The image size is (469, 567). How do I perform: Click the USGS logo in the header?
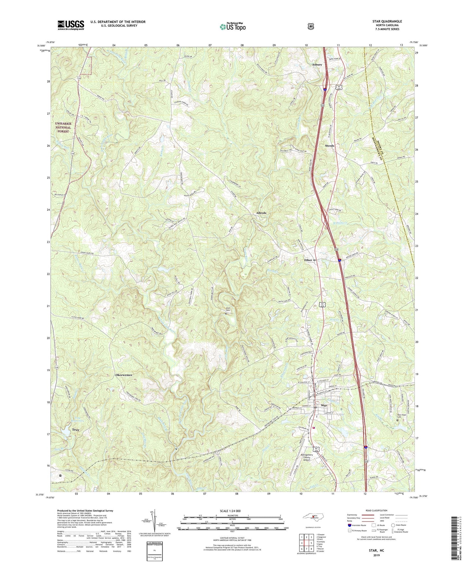pos(71,25)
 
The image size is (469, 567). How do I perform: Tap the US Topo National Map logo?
pos(232,26)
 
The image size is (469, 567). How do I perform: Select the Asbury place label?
pos(317,65)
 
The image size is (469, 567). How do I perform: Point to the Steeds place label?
pos(329,146)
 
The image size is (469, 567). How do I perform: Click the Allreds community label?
pos(259,213)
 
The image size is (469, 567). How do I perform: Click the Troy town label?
pos(75,430)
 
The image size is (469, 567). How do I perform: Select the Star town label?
pos(324,406)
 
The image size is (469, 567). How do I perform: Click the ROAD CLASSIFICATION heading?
pos(377,511)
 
